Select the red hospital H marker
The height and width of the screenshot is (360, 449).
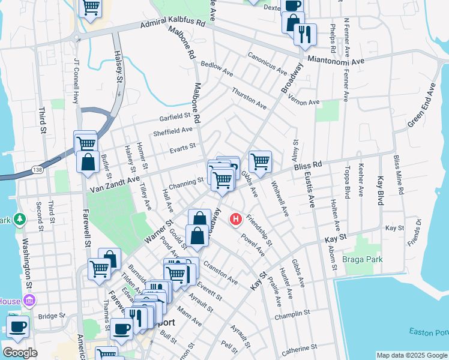[236, 220]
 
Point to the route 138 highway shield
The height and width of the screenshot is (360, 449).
[37, 171]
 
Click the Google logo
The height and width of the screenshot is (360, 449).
[20, 353]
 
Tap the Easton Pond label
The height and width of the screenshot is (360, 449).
[427, 332]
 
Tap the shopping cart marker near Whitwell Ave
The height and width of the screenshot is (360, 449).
[260, 161]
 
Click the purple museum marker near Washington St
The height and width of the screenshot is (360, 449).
[30, 300]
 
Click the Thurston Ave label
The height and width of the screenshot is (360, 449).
[249, 98]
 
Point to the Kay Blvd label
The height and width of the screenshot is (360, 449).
[379, 191]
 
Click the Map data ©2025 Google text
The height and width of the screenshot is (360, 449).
[411, 355]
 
